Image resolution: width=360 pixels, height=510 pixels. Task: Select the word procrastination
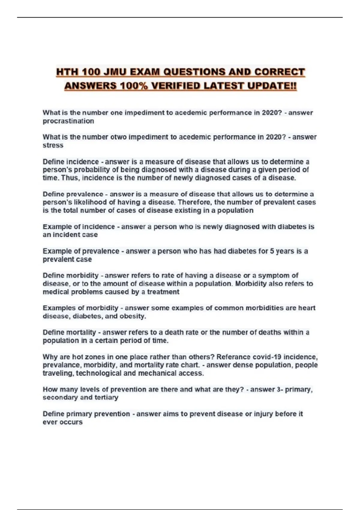pos(68,121)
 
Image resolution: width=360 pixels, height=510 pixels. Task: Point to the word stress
pos(53,145)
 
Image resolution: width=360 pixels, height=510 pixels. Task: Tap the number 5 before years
pos(272,251)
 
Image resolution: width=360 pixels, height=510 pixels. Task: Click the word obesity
pos(133,316)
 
